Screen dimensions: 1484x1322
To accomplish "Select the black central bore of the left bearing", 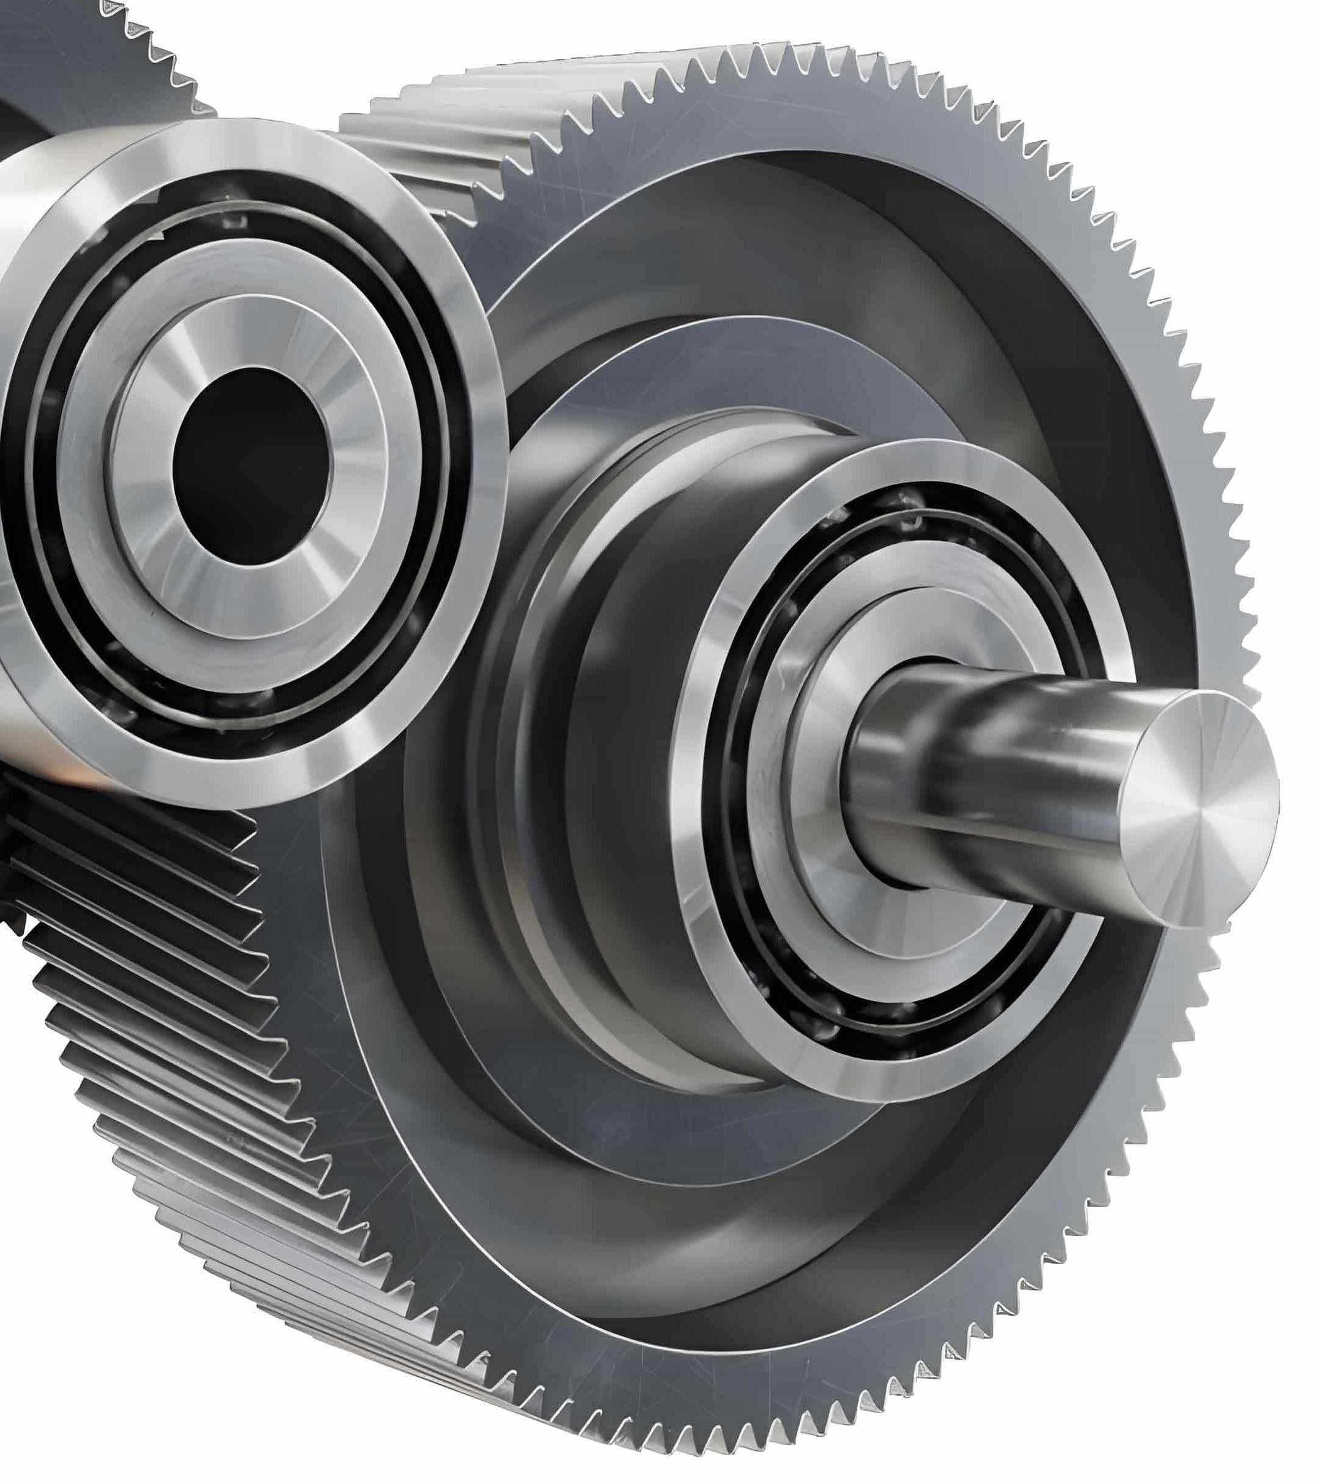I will coord(250,465).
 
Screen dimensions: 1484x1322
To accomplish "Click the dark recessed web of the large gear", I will coord(1119,450).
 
